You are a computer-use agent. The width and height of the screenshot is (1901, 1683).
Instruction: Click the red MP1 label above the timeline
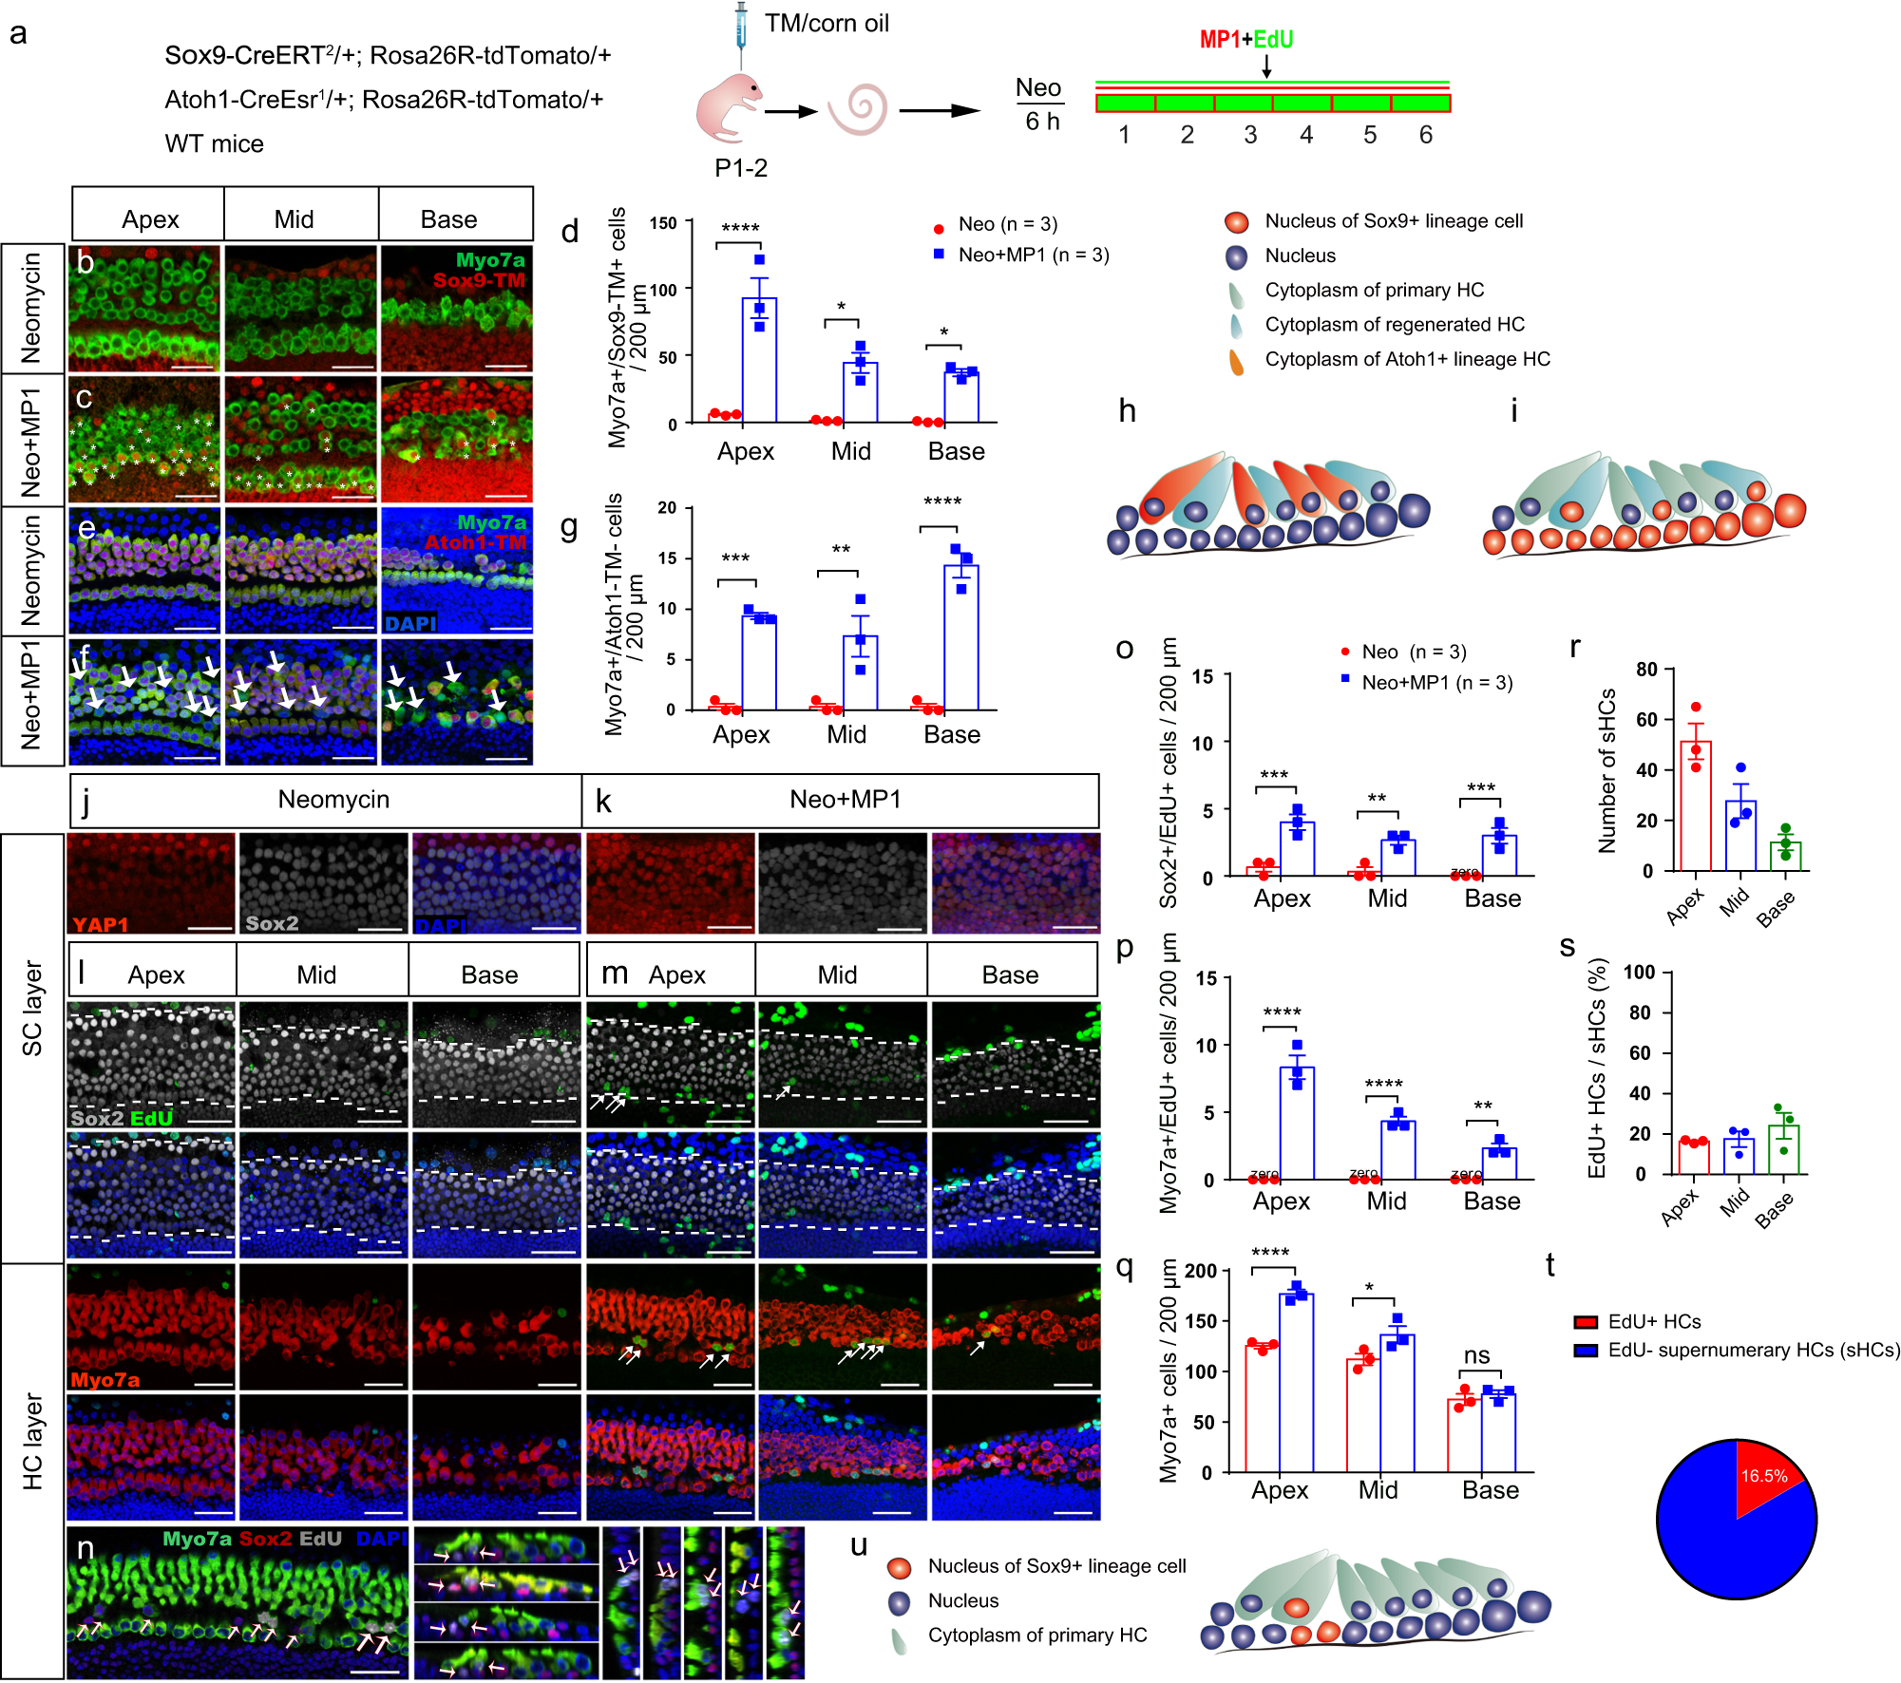click(x=1219, y=40)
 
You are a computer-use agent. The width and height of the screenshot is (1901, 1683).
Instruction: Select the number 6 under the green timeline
click(x=1425, y=135)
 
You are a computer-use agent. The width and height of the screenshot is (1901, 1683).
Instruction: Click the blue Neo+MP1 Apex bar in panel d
click(x=759, y=361)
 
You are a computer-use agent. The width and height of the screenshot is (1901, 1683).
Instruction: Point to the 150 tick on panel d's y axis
click(x=663, y=223)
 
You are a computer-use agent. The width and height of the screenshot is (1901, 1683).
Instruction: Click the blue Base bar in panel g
click(x=960, y=637)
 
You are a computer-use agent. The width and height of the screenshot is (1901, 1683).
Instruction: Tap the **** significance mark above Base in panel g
click(x=941, y=501)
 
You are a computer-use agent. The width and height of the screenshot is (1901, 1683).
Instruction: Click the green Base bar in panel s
click(x=1784, y=1150)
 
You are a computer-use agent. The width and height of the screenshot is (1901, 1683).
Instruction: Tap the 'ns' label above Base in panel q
click(x=1476, y=1355)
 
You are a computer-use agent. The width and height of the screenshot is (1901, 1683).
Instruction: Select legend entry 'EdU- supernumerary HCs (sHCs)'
click(x=1753, y=1350)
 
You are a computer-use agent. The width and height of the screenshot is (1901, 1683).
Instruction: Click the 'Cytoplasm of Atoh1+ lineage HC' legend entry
click(x=1406, y=359)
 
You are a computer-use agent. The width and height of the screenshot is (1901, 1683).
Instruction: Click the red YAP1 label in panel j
click(x=100, y=924)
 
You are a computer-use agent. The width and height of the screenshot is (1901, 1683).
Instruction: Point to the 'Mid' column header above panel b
click(x=294, y=219)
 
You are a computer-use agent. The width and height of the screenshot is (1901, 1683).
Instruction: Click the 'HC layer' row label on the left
click(x=32, y=1440)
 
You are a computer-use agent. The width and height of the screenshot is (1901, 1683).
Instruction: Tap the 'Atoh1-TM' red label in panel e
click(x=474, y=542)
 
